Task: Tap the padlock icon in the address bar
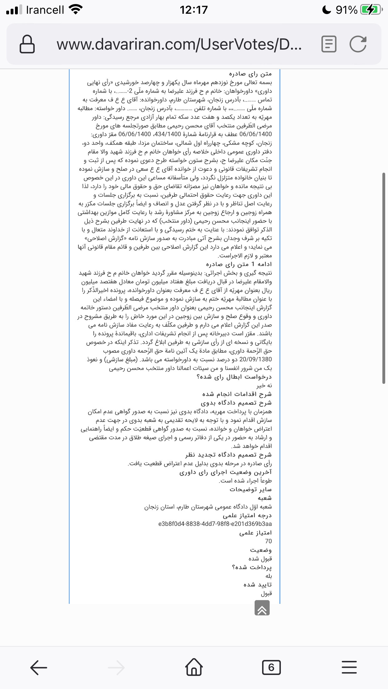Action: tap(27, 44)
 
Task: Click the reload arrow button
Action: tap(358, 44)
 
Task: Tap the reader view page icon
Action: tap(329, 44)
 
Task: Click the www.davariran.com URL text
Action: tap(179, 44)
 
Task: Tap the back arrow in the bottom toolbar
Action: tap(38, 667)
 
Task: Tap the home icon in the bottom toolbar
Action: tap(194, 667)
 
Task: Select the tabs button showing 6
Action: tap(271, 667)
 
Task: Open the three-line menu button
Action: tap(349, 667)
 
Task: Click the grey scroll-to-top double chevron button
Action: tap(262, 608)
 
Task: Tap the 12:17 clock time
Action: tap(194, 10)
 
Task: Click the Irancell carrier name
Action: tap(45, 10)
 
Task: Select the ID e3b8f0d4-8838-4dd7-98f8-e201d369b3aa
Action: tap(215, 524)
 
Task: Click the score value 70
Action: tap(268, 541)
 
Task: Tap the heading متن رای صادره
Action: tap(250, 74)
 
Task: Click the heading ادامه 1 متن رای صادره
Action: tap(239, 264)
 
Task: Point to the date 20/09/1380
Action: tap(256, 359)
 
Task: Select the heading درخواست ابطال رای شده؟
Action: tap(234, 377)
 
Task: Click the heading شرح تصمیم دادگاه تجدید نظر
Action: tap(228, 455)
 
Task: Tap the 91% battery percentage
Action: tap(346, 10)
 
